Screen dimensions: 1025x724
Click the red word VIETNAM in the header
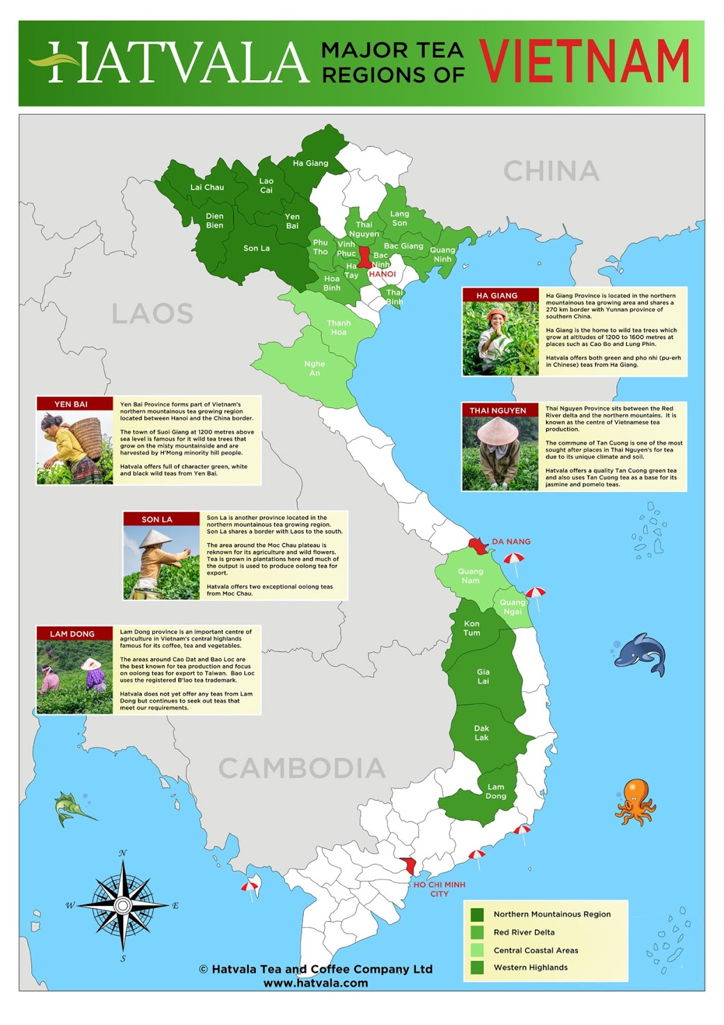pos(584,61)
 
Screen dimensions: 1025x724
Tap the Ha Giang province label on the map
pos(310,163)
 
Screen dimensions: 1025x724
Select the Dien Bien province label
pos(215,220)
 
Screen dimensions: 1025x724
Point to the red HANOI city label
pos(383,274)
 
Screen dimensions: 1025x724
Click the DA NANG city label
pos(511,542)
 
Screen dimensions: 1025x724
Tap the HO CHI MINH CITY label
pos(440,889)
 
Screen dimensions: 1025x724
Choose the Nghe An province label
pos(315,368)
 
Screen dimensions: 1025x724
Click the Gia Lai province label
pos(483,676)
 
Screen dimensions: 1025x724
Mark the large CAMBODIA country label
pos(302,768)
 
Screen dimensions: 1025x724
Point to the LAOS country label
pos(152,314)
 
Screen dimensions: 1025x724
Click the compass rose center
pos(122,905)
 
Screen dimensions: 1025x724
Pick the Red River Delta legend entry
pos(523,932)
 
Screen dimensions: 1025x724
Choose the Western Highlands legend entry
pos(530,967)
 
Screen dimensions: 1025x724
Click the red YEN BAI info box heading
pos(71,404)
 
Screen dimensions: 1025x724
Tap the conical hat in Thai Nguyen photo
pos(498,430)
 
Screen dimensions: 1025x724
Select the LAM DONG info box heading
pos(72,634)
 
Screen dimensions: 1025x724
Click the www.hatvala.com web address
pos(316,983)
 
